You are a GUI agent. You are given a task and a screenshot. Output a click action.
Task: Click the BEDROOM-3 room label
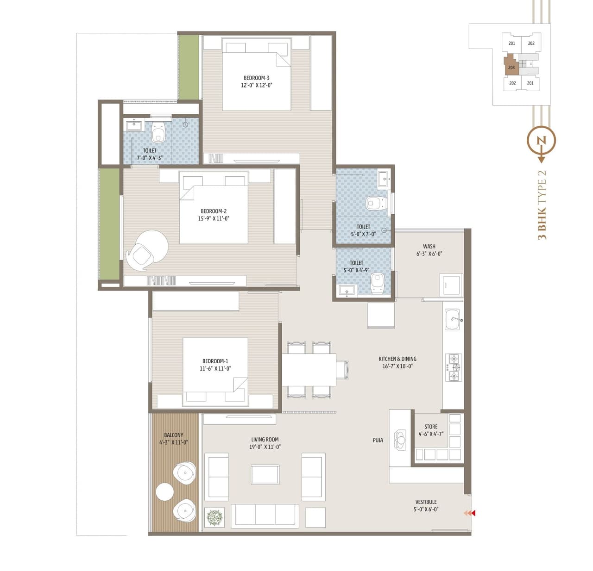256,78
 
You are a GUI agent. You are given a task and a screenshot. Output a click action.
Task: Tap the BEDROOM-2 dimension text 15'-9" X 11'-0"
214,218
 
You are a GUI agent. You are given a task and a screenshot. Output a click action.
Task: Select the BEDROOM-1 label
215,361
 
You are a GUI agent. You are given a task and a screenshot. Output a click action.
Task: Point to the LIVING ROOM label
265,440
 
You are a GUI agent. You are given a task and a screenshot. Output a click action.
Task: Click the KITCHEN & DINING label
397,359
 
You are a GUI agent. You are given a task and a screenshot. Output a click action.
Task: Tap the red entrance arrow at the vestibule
470,513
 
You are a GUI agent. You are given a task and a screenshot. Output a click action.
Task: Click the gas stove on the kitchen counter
453,367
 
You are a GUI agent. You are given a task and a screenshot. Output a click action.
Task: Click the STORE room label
431,427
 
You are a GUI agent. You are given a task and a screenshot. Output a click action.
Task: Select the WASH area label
429,247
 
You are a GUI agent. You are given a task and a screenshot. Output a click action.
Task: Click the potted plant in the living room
214,517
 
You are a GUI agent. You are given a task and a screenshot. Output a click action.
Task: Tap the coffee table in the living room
265,475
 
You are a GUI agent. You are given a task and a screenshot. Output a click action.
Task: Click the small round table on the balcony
164,491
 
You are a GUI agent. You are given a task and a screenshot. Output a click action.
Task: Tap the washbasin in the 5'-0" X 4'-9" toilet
346,290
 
